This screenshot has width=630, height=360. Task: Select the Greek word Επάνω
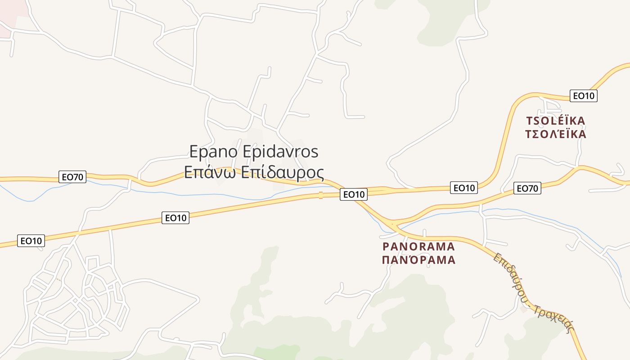tap(210, 172)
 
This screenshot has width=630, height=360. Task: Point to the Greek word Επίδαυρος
tap(283, 172)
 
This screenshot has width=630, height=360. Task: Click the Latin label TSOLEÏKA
tap(556, 121)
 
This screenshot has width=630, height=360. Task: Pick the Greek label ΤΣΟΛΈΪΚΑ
tap(556, 134)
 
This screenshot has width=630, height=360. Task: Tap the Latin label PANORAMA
tap(418, 246)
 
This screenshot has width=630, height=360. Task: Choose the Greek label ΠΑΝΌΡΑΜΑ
tap(418, 260)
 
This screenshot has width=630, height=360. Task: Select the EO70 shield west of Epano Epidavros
tap(72, 177)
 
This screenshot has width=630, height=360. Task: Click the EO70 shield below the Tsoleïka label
tap(527, 189)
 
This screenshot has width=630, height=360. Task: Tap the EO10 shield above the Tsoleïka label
tap(583, 96)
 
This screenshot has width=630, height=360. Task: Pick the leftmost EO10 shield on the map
tap(31, 241)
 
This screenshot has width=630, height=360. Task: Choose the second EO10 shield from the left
tap(175, 218)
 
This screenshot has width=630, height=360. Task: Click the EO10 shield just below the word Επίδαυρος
tap(353, 194)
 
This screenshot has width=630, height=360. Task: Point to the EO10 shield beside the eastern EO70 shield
tap(464, 188)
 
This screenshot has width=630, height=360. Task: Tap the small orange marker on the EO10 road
tap(320, 195)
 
